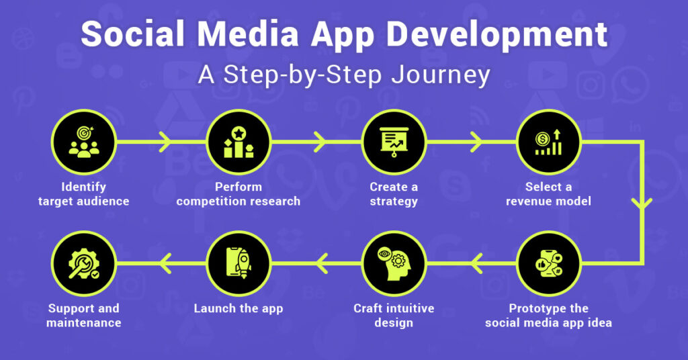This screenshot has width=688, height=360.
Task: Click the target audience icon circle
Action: pyautogui.click(x=83, y=142)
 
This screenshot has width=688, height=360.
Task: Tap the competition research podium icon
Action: pyautogui.click(x=239, y=142)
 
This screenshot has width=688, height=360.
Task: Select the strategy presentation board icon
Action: pyautogui.click(x=394, y=142)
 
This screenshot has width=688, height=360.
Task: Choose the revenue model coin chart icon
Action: pyautogui.click(x=548, y=142)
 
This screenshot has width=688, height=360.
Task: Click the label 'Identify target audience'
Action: pyautogui.click(x=83, y=194)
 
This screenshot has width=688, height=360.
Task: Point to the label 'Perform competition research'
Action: pyautogui.click(x=239, y=194)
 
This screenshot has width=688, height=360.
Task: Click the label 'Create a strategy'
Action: pyautogui.click(x=394, y=194)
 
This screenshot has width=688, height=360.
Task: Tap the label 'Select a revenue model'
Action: pyautogui.click(x=548, y=194)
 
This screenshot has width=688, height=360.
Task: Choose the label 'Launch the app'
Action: pyautogui.click(x=239, y=309)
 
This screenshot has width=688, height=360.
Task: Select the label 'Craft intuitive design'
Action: pyautogui.click(x=394, y=316)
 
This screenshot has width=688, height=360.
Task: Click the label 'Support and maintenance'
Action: pyautogui.click(x=84, y=316)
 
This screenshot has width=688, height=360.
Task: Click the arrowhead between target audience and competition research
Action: pyautogui.click(x=164, y=142)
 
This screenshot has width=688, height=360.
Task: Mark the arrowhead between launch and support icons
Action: pyautogui.click(x=163, y=264)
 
